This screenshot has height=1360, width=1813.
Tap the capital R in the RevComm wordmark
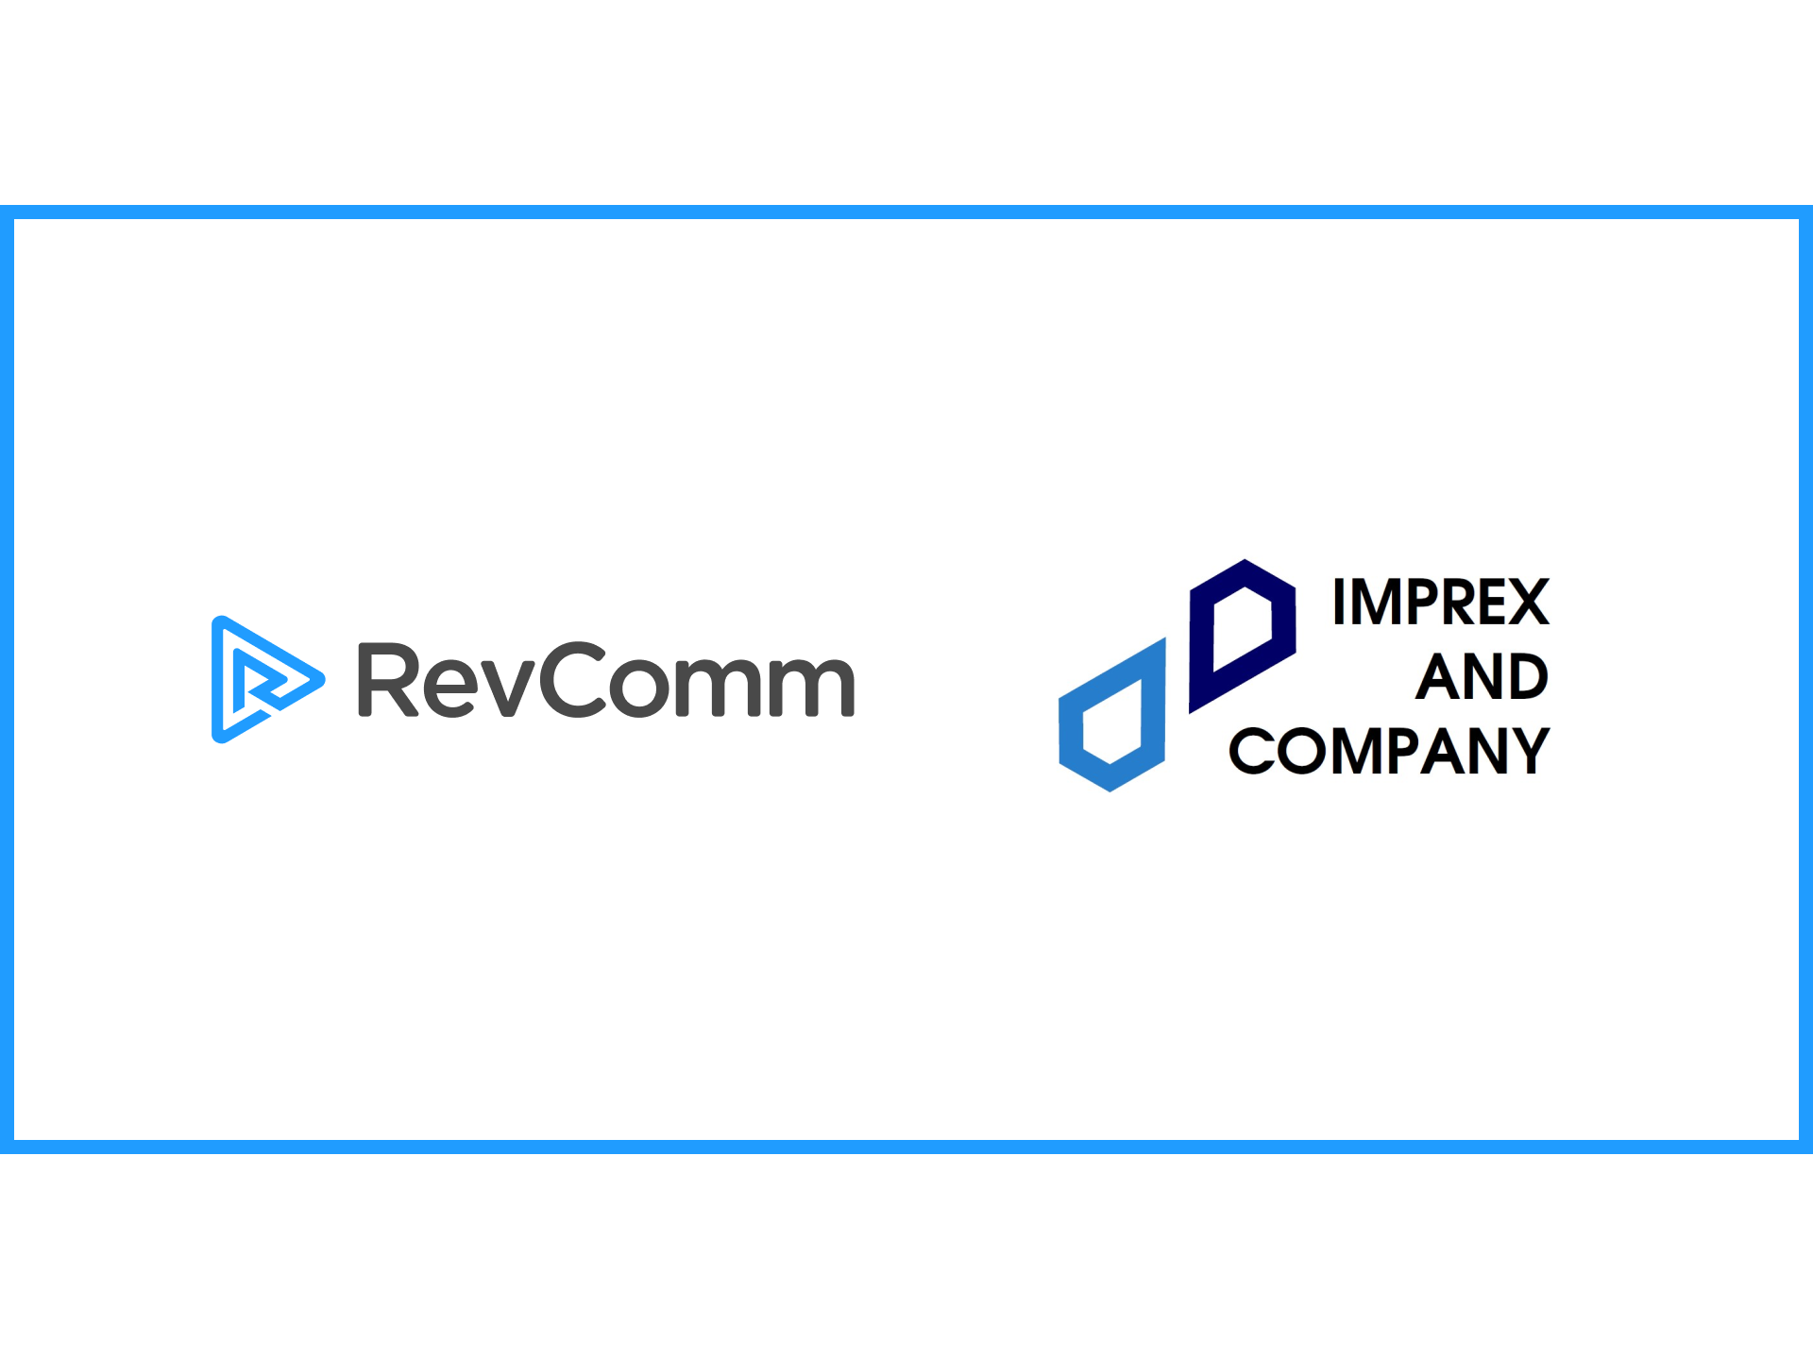pyautogui.click(x=387, y=680)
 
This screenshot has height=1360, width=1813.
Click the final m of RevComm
pyautogui.click(x=814, y=684)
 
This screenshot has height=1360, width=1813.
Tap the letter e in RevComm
pyautogui.click(x=451, y=684)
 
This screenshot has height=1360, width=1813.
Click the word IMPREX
pyautogui.click(x=1440, y=603)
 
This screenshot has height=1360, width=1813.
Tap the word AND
pyautogui.click(x=1482, y=677)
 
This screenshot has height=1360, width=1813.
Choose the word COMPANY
pyautogui.click(x=1389, y=752)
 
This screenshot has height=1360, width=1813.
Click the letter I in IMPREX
pyautogui.click(x=1339, y=603)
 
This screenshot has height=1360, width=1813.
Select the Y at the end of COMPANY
pyautogui.click(x=1529, y=752)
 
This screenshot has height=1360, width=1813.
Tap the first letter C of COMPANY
pyautogui.click(x=1252, y=752)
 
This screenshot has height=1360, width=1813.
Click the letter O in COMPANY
pyautogui.click(x=1302, y=752)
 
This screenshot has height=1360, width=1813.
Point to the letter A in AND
pyautogui.click(x=1438, y=677)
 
